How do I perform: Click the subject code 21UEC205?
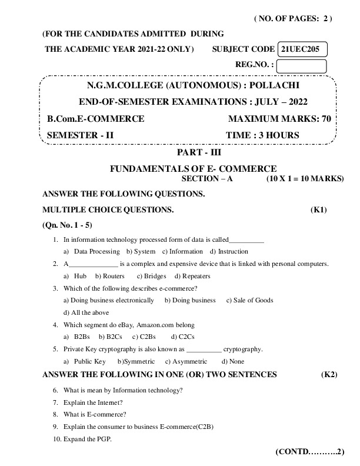click(301, 49)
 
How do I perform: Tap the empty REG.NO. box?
click(301, 66)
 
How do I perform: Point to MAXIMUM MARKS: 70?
click(279, 119)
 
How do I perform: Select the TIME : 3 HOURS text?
click(262, 135)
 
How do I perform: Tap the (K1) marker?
click(319, 209)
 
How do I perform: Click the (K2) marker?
click(328, 374)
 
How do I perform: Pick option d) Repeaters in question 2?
click(192, 276)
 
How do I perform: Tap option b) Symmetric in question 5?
click(136, 361)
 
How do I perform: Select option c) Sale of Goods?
click(250, 300)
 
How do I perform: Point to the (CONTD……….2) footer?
click(309, 452)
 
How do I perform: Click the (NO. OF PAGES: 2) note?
click(293, 19)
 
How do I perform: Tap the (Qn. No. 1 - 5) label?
click(68, 225)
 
